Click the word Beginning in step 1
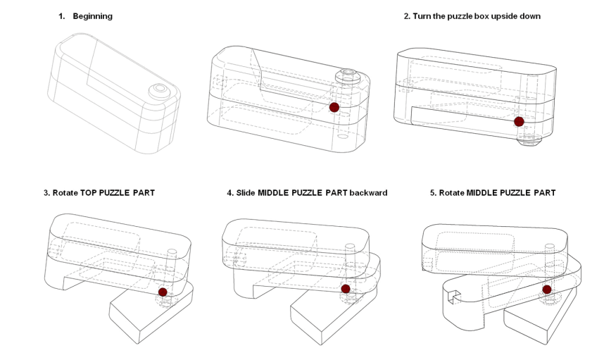(x=92, y=16)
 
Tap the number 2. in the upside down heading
(x=408, y=16)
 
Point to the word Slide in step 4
(x=246, y=193)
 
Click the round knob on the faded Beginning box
(x=158, y=89)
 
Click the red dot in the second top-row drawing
(x=334, y=107)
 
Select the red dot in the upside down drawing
(x=519, y=121)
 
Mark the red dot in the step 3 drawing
(x=163, y=292)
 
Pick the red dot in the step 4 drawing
(x=346, y=289)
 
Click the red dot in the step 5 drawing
(x=547, y=290)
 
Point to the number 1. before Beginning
(x=61, y=16)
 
